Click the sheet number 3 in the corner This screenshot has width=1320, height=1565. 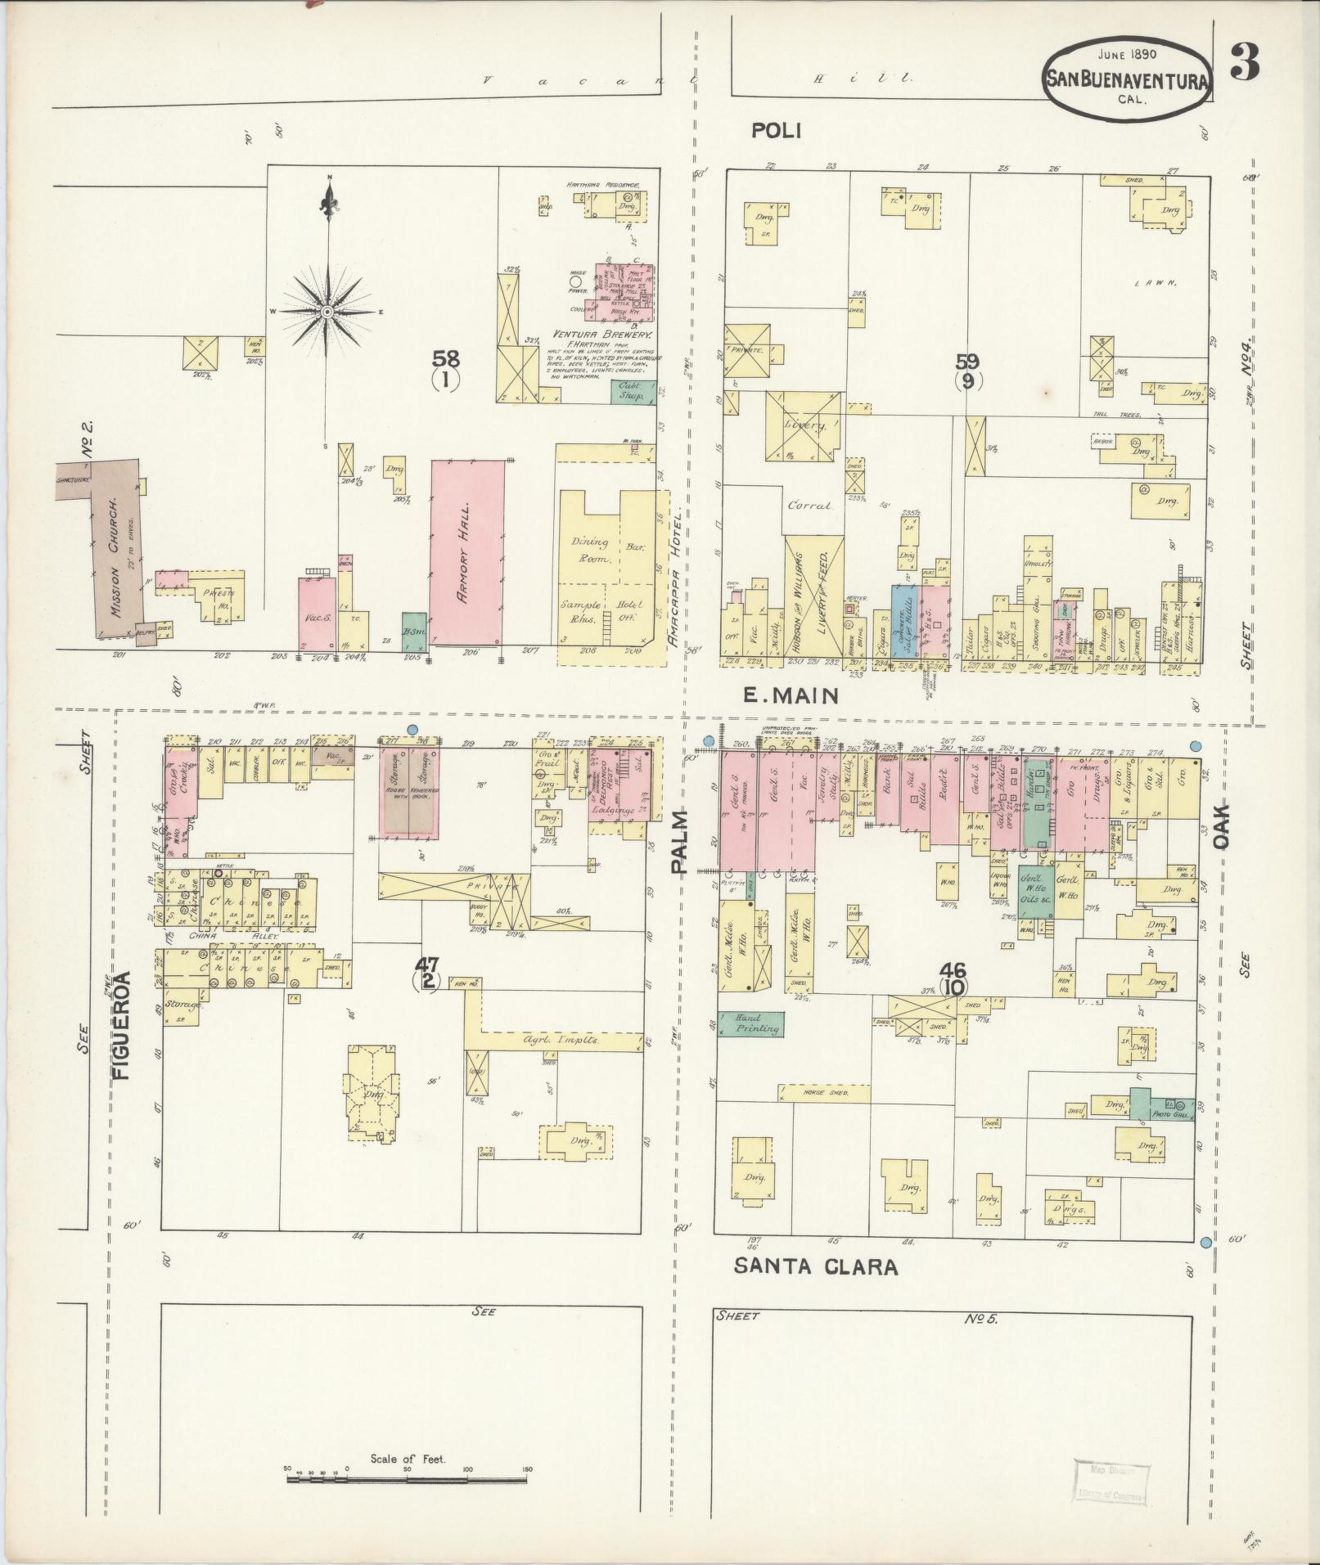(x=1246, y=63)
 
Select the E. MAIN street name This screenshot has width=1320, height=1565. (x=791, y=696)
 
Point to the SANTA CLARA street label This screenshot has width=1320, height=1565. (x=815, y=1289)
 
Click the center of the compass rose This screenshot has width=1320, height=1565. (x=327, y=312)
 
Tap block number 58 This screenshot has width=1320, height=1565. (x=447, y=359)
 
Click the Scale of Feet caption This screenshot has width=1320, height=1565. (x=407, y=1458)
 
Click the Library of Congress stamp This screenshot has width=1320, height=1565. (x=1111, y=1483)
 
